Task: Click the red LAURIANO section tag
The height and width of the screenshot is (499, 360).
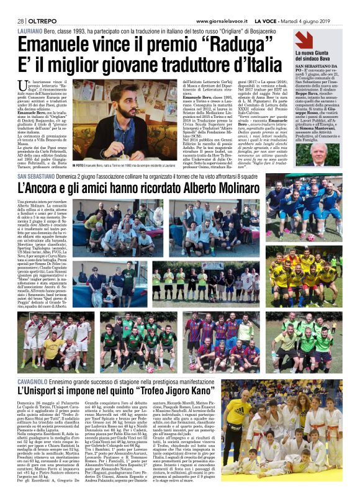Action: [30, 30]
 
